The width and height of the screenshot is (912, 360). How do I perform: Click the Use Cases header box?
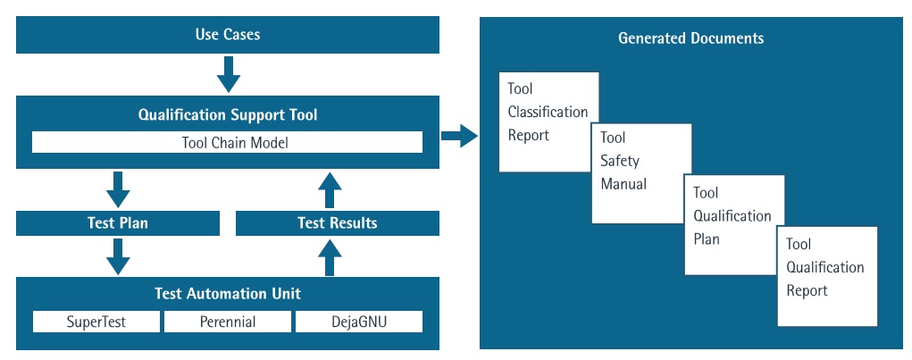coord(228,35)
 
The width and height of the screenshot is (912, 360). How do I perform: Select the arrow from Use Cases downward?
coord(228,74)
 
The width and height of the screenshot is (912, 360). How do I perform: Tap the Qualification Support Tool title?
coord(228,114)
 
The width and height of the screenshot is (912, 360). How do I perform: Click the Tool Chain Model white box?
coord(227,143)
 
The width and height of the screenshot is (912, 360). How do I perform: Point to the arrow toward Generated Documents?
coord(459,136)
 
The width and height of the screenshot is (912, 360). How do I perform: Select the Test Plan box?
coord(118,223)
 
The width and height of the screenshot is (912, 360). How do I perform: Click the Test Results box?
coord(338,223)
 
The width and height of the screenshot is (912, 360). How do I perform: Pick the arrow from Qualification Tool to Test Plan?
coord(118,189)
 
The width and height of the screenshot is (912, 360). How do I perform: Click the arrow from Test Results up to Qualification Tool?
coord(330,189)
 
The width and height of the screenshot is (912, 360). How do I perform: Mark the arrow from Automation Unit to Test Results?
coord(330,257)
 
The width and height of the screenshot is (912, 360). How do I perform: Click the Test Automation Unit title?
coord(228,294)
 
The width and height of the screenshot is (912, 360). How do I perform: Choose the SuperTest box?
coord(96,322)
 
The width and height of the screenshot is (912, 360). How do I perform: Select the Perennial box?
coord(228,322)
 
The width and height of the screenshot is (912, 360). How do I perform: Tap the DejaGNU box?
coord(359,322)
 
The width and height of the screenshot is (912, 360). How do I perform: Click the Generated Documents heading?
coord(691,38)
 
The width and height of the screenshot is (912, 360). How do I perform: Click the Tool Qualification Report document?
coord(827,277)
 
